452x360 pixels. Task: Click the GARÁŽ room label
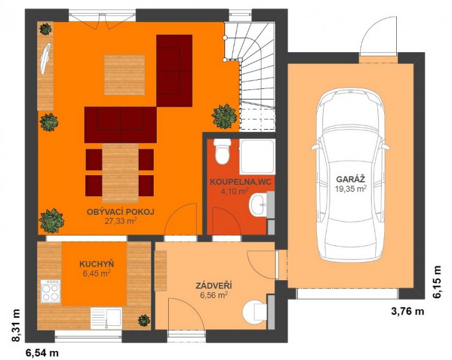[x=351, y=179]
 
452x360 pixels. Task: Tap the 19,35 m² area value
[x=351, y=188]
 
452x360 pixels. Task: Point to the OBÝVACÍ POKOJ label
[x=121, y=212]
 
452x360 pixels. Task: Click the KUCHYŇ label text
[x=97, y=264]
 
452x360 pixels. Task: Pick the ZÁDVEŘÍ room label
[x=214, y=286]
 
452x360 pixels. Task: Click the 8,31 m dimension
[x=16, y=325]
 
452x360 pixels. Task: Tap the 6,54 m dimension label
[x=43, y=353]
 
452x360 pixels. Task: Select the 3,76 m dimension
[x=408, y=311]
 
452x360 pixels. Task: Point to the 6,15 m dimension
[x=437, y=282]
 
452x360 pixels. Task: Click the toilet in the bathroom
[x=223, y=151]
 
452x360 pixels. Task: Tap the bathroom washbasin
[x=259, y=205]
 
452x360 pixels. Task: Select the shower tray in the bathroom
[x=256, y=157]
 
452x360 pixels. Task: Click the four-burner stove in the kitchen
[x=51, y=291]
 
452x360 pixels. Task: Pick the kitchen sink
[x=106, y=318]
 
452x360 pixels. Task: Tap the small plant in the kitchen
[x=143, y=320]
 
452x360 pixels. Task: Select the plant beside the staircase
[x=224, y=116]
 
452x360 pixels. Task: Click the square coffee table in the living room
[x=124, y=75]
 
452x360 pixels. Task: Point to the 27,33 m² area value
[x=120, y=221]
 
